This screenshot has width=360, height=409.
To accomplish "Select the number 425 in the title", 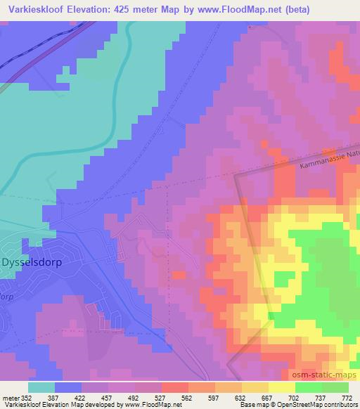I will tap(138, 9).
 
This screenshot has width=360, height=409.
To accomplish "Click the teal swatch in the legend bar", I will tap(41, 387).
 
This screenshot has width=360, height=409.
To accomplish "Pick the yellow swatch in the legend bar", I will tap(282, 387).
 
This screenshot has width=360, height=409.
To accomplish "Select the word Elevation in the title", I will tap(98, 9).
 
